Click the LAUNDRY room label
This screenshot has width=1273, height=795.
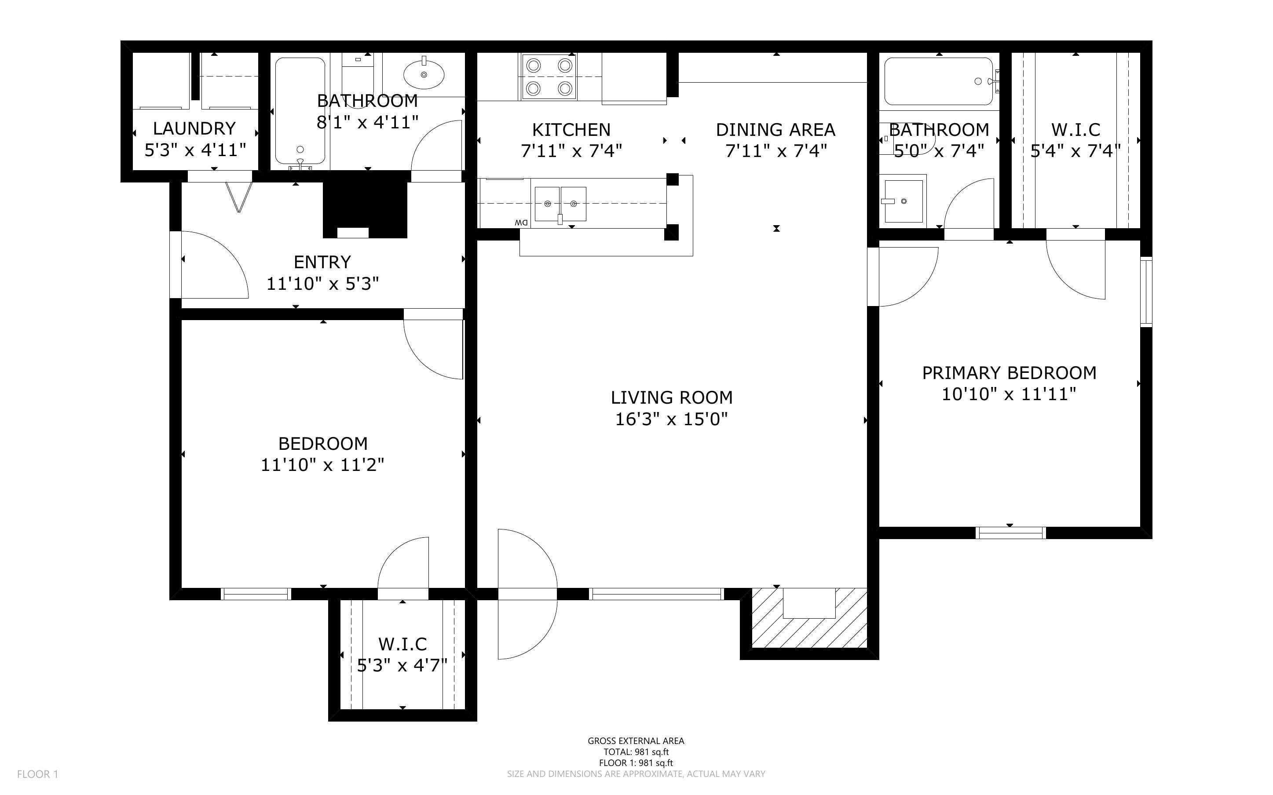194,128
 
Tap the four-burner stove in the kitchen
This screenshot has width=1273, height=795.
549,77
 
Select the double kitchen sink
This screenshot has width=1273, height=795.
560,204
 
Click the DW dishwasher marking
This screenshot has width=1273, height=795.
521,222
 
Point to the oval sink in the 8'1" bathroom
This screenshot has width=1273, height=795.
423,75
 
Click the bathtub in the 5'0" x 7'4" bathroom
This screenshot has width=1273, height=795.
939,81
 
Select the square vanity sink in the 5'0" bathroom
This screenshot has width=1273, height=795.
904,201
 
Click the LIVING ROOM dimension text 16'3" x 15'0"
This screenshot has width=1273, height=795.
671,419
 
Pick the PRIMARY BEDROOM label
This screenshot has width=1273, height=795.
1009,373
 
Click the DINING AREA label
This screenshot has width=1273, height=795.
775,129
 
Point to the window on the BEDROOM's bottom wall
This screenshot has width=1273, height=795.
256,594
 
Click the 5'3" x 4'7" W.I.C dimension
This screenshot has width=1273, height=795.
402,666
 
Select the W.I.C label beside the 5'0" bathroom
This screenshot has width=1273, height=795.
1075,129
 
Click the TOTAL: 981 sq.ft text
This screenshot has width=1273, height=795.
636,752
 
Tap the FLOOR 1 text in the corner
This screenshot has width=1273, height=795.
37,774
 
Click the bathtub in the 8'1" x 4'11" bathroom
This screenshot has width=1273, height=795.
300,110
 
